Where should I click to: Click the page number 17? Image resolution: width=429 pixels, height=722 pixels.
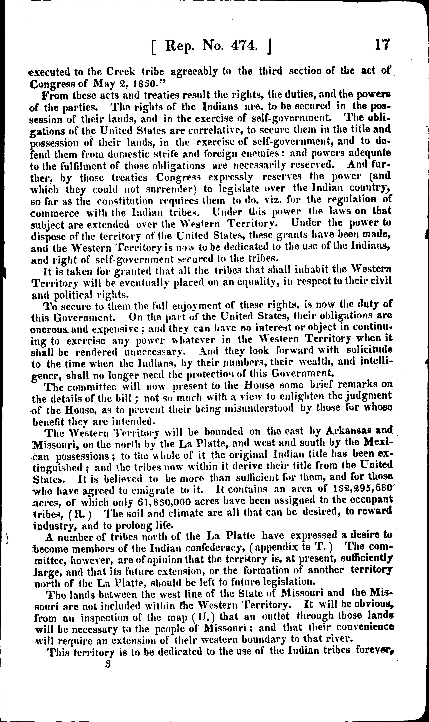tap(382, 46)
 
